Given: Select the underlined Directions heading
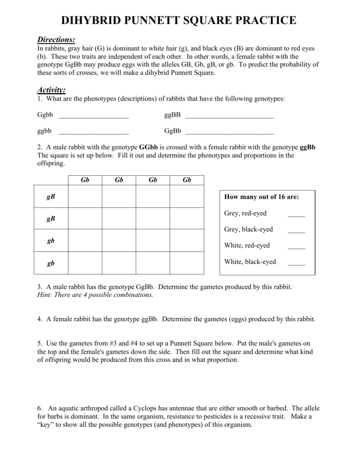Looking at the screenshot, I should click(x=56, y=40).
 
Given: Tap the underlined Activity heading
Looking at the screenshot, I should click(x=51, y=90).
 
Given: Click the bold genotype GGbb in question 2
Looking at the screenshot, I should click(x=148, y=147).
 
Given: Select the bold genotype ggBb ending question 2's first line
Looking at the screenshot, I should click(x=308, y=147).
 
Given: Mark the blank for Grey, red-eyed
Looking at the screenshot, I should click(x=296, y=216).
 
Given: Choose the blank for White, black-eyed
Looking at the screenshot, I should click(x=296, y=264).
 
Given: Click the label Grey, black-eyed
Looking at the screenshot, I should click(x=248, y=229).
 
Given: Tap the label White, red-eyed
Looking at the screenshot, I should click(x=247, y=245).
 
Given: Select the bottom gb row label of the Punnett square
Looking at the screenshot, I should click(x=51, y=263).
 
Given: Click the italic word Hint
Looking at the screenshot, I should click(x=45, y=295).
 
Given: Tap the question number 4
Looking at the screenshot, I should click(x=39, y=319).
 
